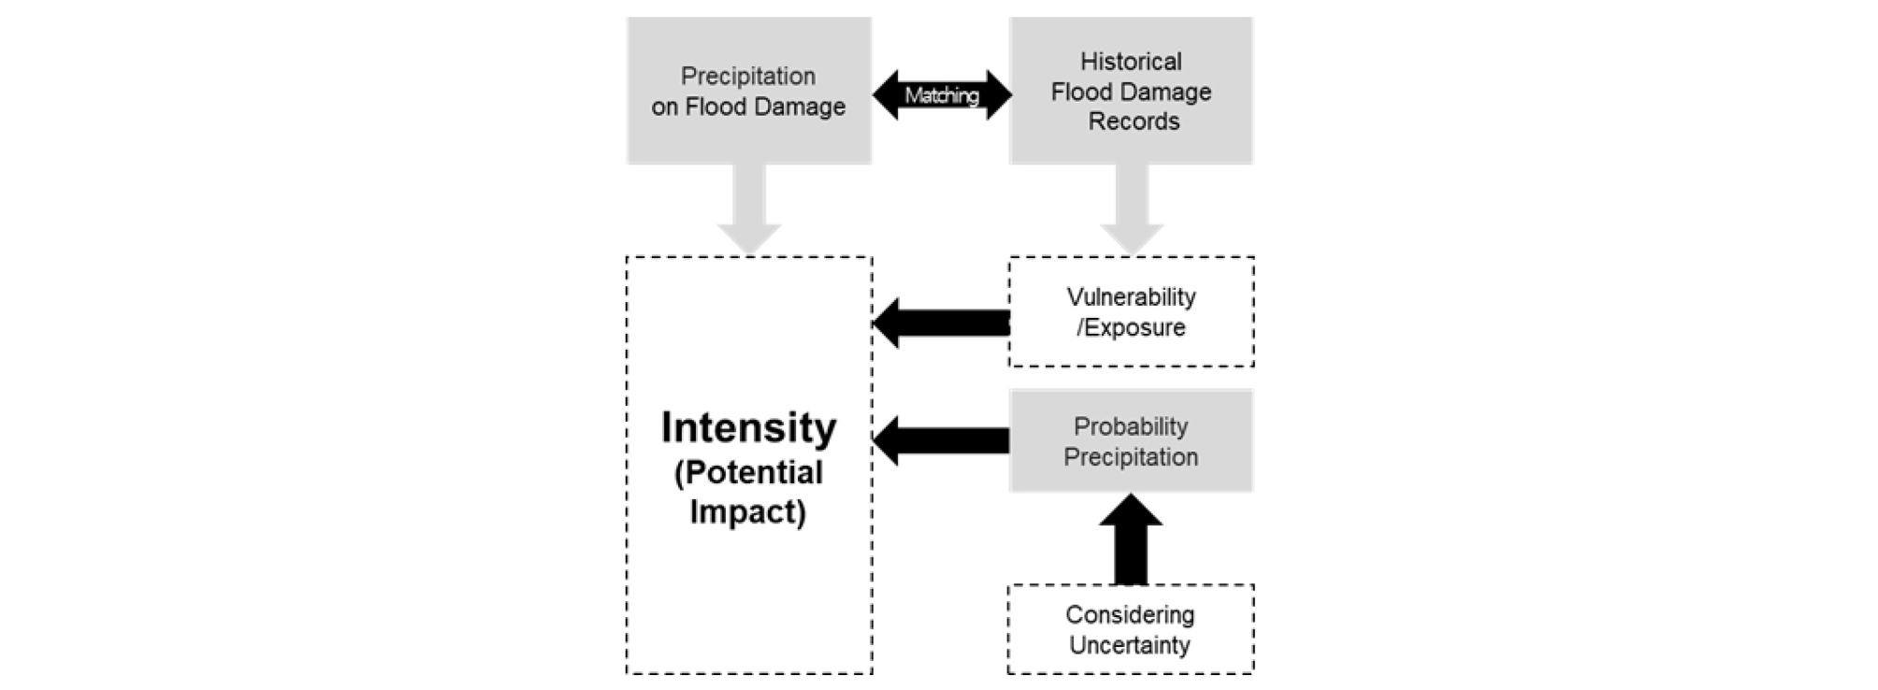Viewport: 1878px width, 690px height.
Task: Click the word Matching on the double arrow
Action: [941, 95]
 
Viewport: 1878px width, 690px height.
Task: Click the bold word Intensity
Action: [748, 427]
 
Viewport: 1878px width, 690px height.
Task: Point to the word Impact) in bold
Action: [747, 511]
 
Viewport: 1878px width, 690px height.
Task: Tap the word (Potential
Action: [748, 472]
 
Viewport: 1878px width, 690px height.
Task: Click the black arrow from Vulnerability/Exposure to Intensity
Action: [940, 323]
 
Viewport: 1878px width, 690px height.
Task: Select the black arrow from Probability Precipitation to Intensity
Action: [940, 440]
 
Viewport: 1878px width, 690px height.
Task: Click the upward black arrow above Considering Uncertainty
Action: [1130, 539]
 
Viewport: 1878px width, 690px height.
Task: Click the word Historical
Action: [1131, 62]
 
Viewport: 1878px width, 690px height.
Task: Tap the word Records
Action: [1134, 122]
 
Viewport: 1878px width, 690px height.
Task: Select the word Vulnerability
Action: [1131, 297]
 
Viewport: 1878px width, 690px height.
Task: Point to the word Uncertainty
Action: [1130, 645]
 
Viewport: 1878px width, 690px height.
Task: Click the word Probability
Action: [1131, 426]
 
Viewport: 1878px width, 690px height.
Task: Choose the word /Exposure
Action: [1131, 327]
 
